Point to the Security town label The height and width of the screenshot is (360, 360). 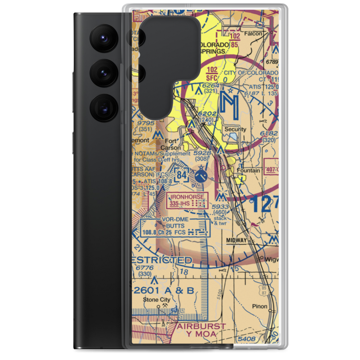[235, 129]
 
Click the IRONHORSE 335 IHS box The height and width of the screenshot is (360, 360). [187, 200]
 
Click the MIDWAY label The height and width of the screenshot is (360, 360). [236, 240]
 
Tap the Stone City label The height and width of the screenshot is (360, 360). [156, 300]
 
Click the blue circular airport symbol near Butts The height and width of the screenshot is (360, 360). [201, 176]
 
